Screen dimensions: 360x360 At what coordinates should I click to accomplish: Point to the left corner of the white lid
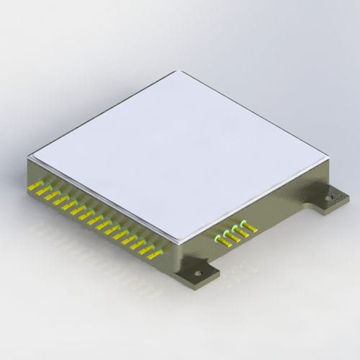(x=29, y=156)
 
